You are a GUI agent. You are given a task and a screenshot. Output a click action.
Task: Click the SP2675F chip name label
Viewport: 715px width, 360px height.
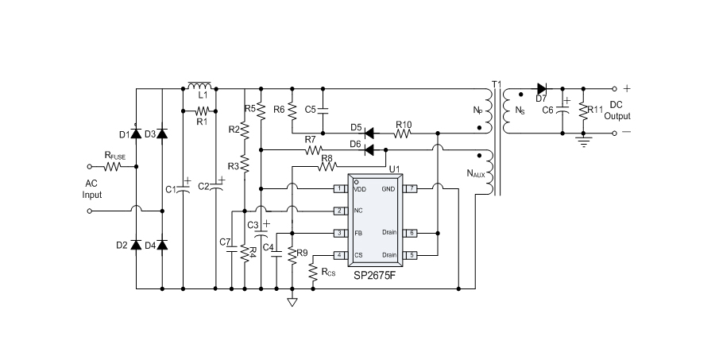(x=377, y=276)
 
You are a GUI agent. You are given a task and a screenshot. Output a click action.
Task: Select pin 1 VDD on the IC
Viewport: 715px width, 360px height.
(x=339, y=188)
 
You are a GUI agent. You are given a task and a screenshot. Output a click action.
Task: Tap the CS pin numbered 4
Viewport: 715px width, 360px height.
(x=339, y=255)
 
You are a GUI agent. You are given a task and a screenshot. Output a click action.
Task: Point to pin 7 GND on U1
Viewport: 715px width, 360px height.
(x=411, y=188)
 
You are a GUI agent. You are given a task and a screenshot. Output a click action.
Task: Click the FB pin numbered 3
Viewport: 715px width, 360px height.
(x=339, y=233)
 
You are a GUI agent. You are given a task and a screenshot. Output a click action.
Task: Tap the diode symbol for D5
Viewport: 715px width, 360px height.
(x=369, y=133)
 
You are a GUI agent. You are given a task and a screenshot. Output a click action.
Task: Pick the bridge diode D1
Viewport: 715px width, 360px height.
(x=136, y=134)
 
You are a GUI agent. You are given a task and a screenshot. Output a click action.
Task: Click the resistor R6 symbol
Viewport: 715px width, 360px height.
(x=292, y=108)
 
